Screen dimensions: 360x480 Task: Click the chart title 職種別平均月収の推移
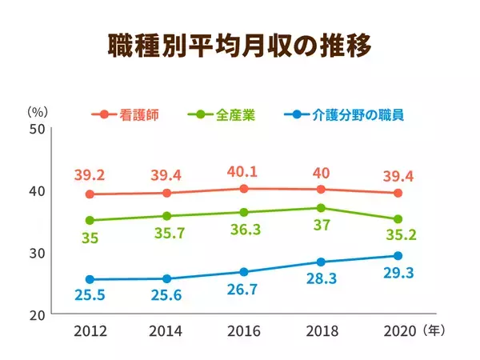coord(240,46)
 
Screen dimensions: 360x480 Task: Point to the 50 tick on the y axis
coord(37,129)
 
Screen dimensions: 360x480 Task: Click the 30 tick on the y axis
coord(37,253)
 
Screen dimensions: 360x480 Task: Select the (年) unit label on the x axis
coord(432,329)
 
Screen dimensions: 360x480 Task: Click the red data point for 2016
coord(243,189)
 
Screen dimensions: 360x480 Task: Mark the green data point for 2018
coord(321,208)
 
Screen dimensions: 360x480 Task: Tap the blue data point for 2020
coord(398,256)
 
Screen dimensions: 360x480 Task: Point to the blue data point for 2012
coord(90,279)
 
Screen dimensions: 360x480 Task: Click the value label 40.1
coord(243,172)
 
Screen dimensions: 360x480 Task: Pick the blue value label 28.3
coord(321,280)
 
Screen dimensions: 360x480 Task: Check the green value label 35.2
coord(398,237)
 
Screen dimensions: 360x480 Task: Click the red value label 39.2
coord(90,175)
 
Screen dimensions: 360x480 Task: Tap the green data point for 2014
coord(166,216)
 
